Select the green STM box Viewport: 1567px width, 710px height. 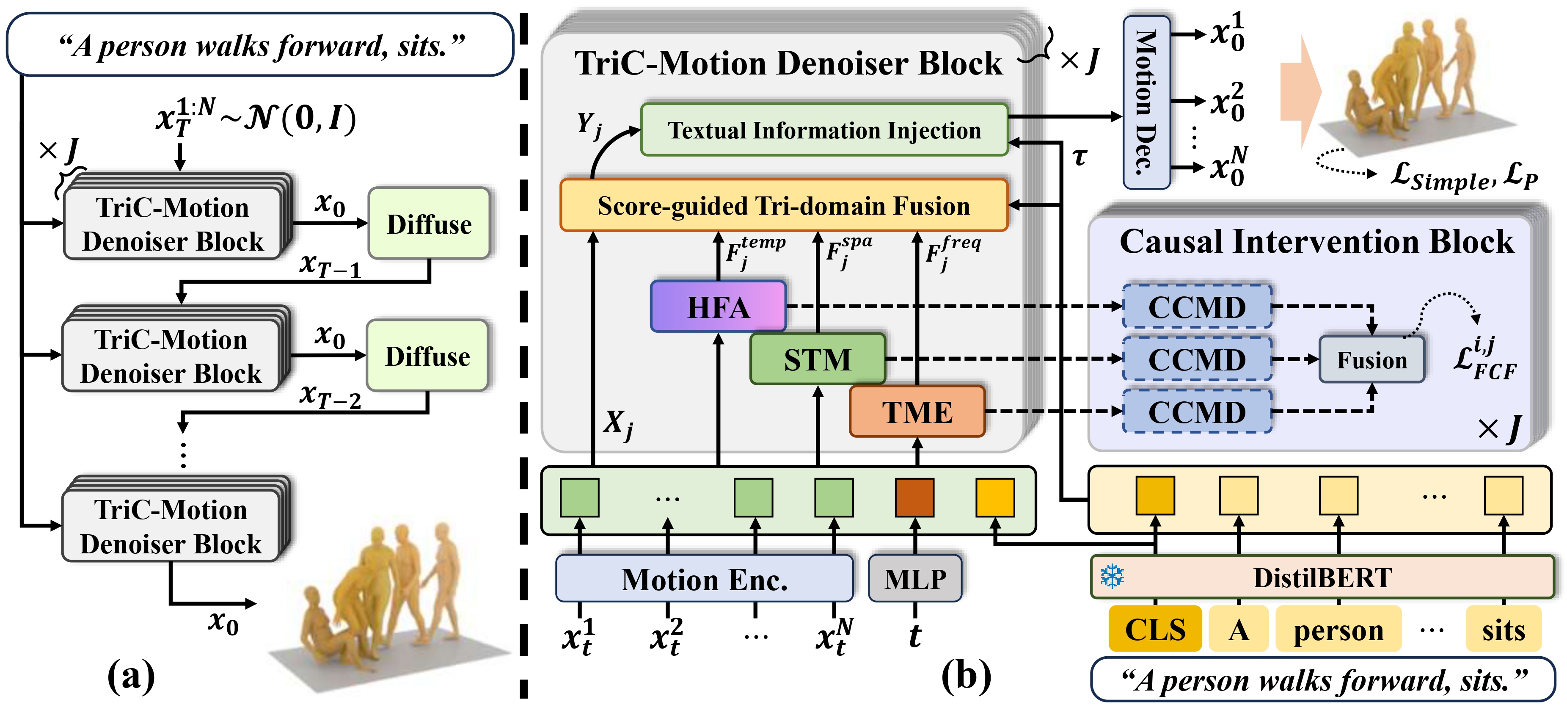click(817, 359)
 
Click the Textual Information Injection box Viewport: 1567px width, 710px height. click(824, 130)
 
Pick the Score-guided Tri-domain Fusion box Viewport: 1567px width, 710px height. click(784, 206)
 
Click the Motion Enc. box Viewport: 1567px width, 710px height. click(704, 579)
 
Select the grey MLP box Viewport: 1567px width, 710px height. click(915, 579)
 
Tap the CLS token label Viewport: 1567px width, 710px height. click(1154, 629)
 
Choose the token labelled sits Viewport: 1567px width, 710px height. click(1503, 629)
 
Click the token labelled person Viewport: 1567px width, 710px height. click(1338, 629)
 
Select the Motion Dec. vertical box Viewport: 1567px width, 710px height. click(1146, 102)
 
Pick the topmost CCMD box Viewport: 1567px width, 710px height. click(1197, 307)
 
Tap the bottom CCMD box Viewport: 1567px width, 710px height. click(1197, 412)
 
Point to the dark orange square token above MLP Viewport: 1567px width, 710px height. click(914, 497)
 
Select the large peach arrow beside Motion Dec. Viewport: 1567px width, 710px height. click(1300, 91)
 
